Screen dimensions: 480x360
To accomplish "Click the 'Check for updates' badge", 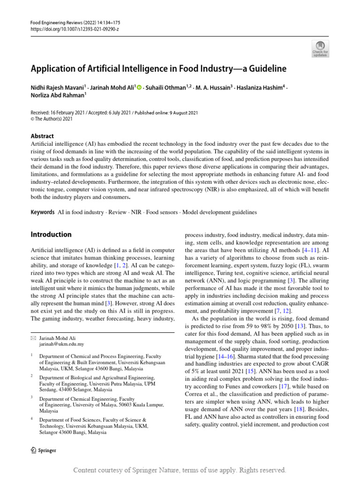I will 320,47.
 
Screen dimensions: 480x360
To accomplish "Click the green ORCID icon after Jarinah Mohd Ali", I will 139,87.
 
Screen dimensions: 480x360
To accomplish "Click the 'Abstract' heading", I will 43,135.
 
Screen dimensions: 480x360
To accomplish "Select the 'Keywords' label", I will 42,212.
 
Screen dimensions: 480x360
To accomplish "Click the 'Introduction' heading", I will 51,234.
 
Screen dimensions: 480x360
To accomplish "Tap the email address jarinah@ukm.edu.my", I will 59,344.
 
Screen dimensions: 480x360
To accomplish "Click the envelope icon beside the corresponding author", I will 33,338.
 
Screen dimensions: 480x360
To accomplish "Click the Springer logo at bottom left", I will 43,450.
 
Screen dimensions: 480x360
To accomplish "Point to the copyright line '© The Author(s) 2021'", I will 52,120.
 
